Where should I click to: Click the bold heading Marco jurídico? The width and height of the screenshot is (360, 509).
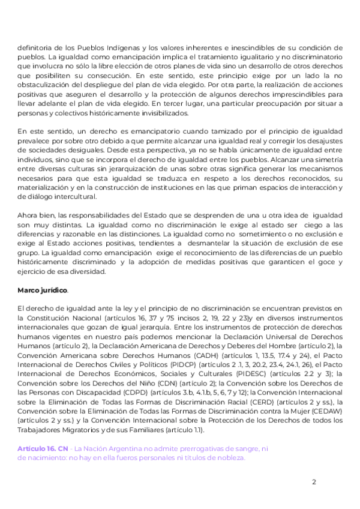[x=43, y=290]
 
